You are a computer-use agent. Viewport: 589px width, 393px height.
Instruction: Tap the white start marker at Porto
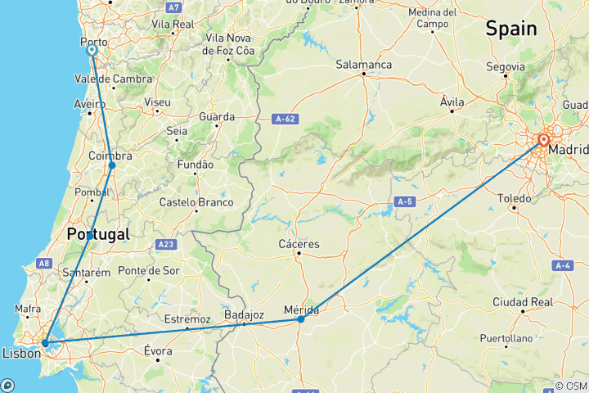(x=92, y=50)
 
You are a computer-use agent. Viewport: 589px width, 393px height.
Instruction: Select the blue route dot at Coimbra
(x=112, y=165)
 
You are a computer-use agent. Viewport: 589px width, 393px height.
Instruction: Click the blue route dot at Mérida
(x=301, y=318)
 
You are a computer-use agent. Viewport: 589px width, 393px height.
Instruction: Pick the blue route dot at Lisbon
(x=45, y=343)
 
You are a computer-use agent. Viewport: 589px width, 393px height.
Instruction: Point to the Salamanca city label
(x=364, y=64)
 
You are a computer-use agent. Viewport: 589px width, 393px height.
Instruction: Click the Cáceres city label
(x=299, y=243)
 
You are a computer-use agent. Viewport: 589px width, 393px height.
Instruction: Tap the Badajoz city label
(x=243, y=314)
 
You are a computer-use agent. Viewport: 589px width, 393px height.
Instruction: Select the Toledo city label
(x=515, y=197)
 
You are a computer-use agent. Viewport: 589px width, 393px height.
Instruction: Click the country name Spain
(x=511, y=29)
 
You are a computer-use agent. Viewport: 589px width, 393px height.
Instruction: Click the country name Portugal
(x=98, y=234)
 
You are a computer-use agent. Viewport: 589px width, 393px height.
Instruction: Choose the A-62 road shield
(x=284, y=120)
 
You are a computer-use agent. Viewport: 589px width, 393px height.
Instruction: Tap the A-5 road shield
(x=404, y=201)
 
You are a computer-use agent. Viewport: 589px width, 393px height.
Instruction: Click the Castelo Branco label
(x=196, y=202)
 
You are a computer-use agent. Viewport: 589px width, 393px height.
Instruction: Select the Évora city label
(x=157, y=350)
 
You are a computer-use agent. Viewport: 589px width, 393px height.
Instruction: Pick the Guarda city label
(x=217, y=116)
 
